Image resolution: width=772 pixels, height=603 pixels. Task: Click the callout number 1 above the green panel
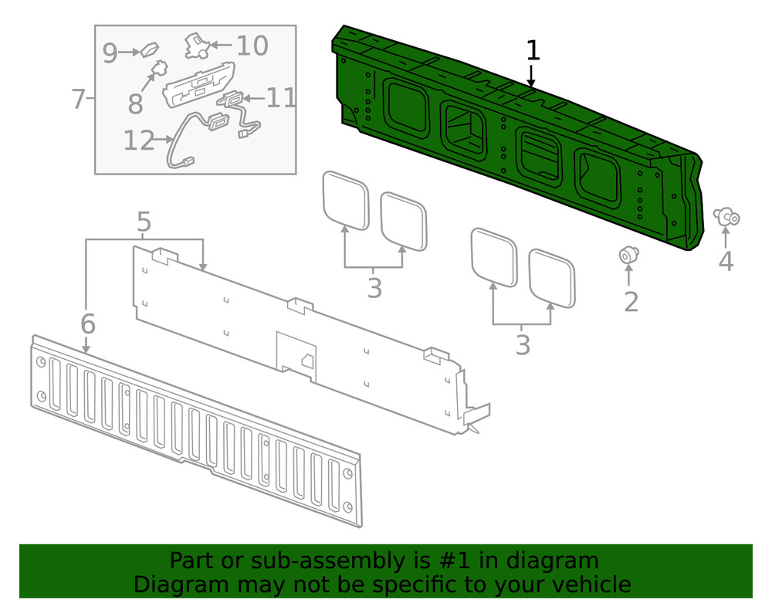pyautogui.click(x=533, y=51)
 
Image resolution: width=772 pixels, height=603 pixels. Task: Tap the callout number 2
pyautogui.click(x=631, y=302)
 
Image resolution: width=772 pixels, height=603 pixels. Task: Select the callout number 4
pyautogui.click(x=726, y=261)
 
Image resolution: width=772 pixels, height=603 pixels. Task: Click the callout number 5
pyautogui.click(x=144, y=222)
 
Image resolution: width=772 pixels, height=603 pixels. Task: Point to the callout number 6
pyautogui.click(x=87, y=324)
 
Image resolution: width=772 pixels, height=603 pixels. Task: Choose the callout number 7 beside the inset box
pyautogui.click(x=77, y=99)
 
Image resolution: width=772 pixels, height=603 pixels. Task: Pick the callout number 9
pyautogui.click(x=110, y=53)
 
